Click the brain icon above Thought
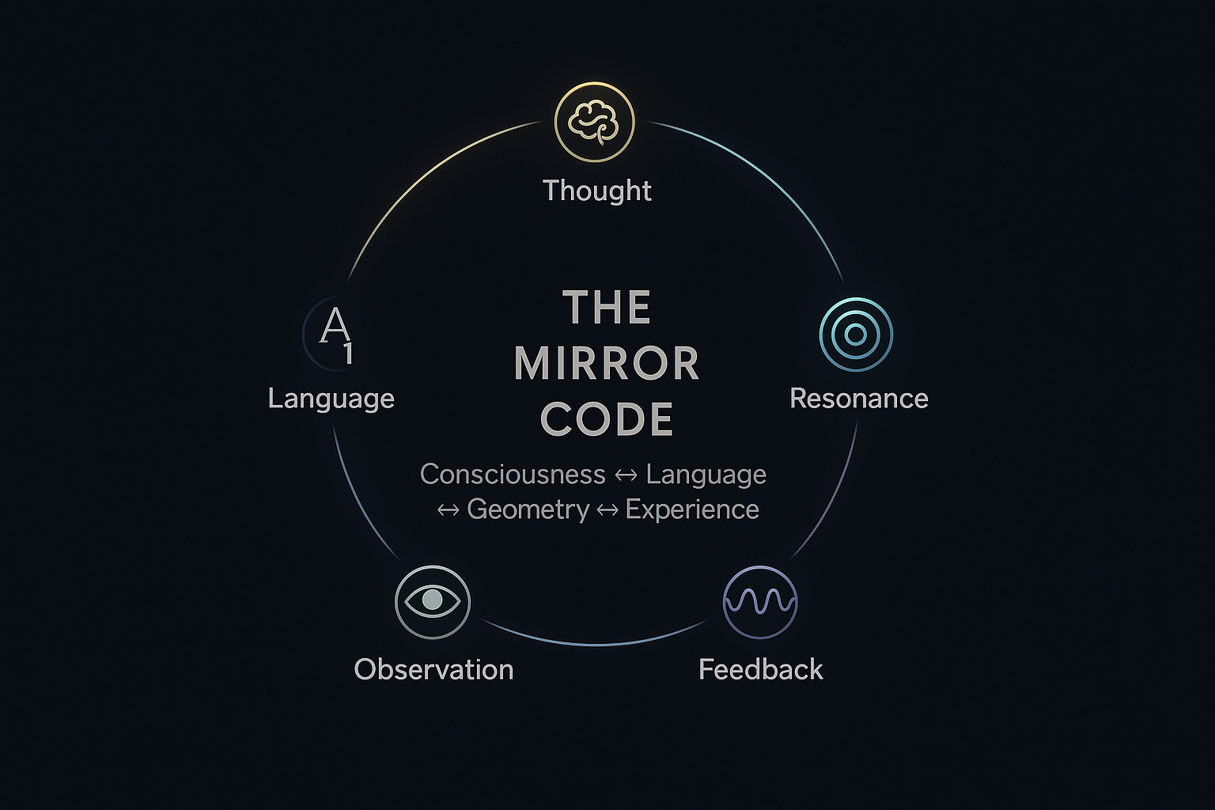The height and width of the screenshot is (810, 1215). pyautogui.click(x=595, y=123)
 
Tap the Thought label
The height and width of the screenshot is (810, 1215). pyautogui.click(x=597, y=191)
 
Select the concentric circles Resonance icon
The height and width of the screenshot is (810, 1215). pyautogui.click(x=856, y=335)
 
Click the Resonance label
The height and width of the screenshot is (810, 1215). pyautogui.click(x=858, y=398)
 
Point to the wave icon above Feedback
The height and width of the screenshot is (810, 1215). pyautogui.click(x=760, y=602)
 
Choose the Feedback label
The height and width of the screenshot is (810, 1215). pyautogui.click(x=760, y=669)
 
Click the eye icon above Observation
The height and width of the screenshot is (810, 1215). pyautogui.click(x=433, y=601)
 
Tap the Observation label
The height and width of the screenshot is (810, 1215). pyautogui.click(x=433, y=669)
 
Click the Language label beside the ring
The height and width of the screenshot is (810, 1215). pyautogui.click(x=331, y=398)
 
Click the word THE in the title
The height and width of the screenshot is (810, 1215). pyautogui.click(x=607, y=308)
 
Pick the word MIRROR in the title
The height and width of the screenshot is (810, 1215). pyautogui.click(x=607, y=364)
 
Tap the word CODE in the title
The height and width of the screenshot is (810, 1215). pyautogui.click(x=607, y=419)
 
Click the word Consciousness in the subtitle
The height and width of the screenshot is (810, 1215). pyautogui.click(x=513, y=475)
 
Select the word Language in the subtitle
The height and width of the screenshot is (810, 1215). pyautogui.click(x=706, y=475)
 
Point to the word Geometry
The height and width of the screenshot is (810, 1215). pyautogui.click(x=528, y=509)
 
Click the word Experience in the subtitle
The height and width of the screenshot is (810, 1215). pyautogui.click(x=691, y=509)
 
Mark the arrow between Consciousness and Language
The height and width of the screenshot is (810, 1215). pyautogui.click(x=626, y=475)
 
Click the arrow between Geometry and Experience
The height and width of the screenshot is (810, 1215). pyautogui.click(x=607, y=510)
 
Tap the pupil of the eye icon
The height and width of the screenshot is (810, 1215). pyautogui.click(x=432, y=600)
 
